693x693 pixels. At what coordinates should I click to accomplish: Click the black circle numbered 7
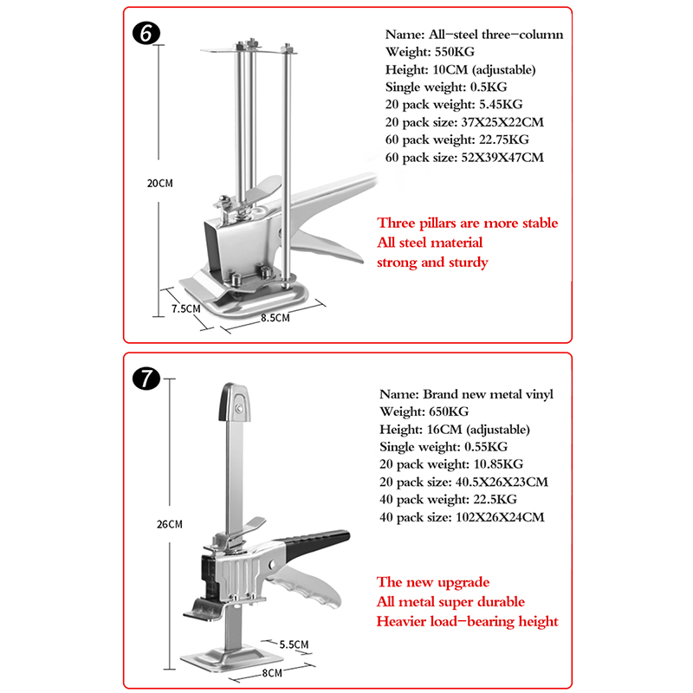145,379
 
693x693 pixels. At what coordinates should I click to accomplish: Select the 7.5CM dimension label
185,308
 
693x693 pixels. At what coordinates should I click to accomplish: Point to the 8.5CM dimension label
275,318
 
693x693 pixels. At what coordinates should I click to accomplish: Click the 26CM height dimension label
171,524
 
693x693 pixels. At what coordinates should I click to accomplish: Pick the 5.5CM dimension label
295,644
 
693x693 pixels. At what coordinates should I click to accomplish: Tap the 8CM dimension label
272,672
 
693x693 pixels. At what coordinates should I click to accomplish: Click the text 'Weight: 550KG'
430,52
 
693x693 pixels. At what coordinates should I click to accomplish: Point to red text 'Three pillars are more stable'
467,223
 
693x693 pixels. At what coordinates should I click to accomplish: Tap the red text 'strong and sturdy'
432,262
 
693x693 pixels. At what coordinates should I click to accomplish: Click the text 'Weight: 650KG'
424,411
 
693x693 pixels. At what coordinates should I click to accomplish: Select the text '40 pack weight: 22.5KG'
447,500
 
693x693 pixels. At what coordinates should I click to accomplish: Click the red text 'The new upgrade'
432,581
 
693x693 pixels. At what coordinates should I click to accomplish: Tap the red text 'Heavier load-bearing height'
467,621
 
